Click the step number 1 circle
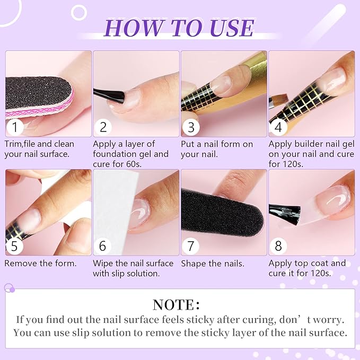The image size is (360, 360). (x=15, y=128)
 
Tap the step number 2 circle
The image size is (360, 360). (x=103, y=128)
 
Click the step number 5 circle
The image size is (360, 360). (x=15, y=246)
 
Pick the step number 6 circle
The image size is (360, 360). (x=103, y=246)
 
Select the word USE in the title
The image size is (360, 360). (x=229, y=28)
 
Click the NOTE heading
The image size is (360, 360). (x=176, y=305)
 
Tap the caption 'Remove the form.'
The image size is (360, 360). (x=41, y=263)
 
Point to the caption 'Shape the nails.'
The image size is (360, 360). (x=213, y=263)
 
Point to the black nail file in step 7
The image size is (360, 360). (x=217, y=212)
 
